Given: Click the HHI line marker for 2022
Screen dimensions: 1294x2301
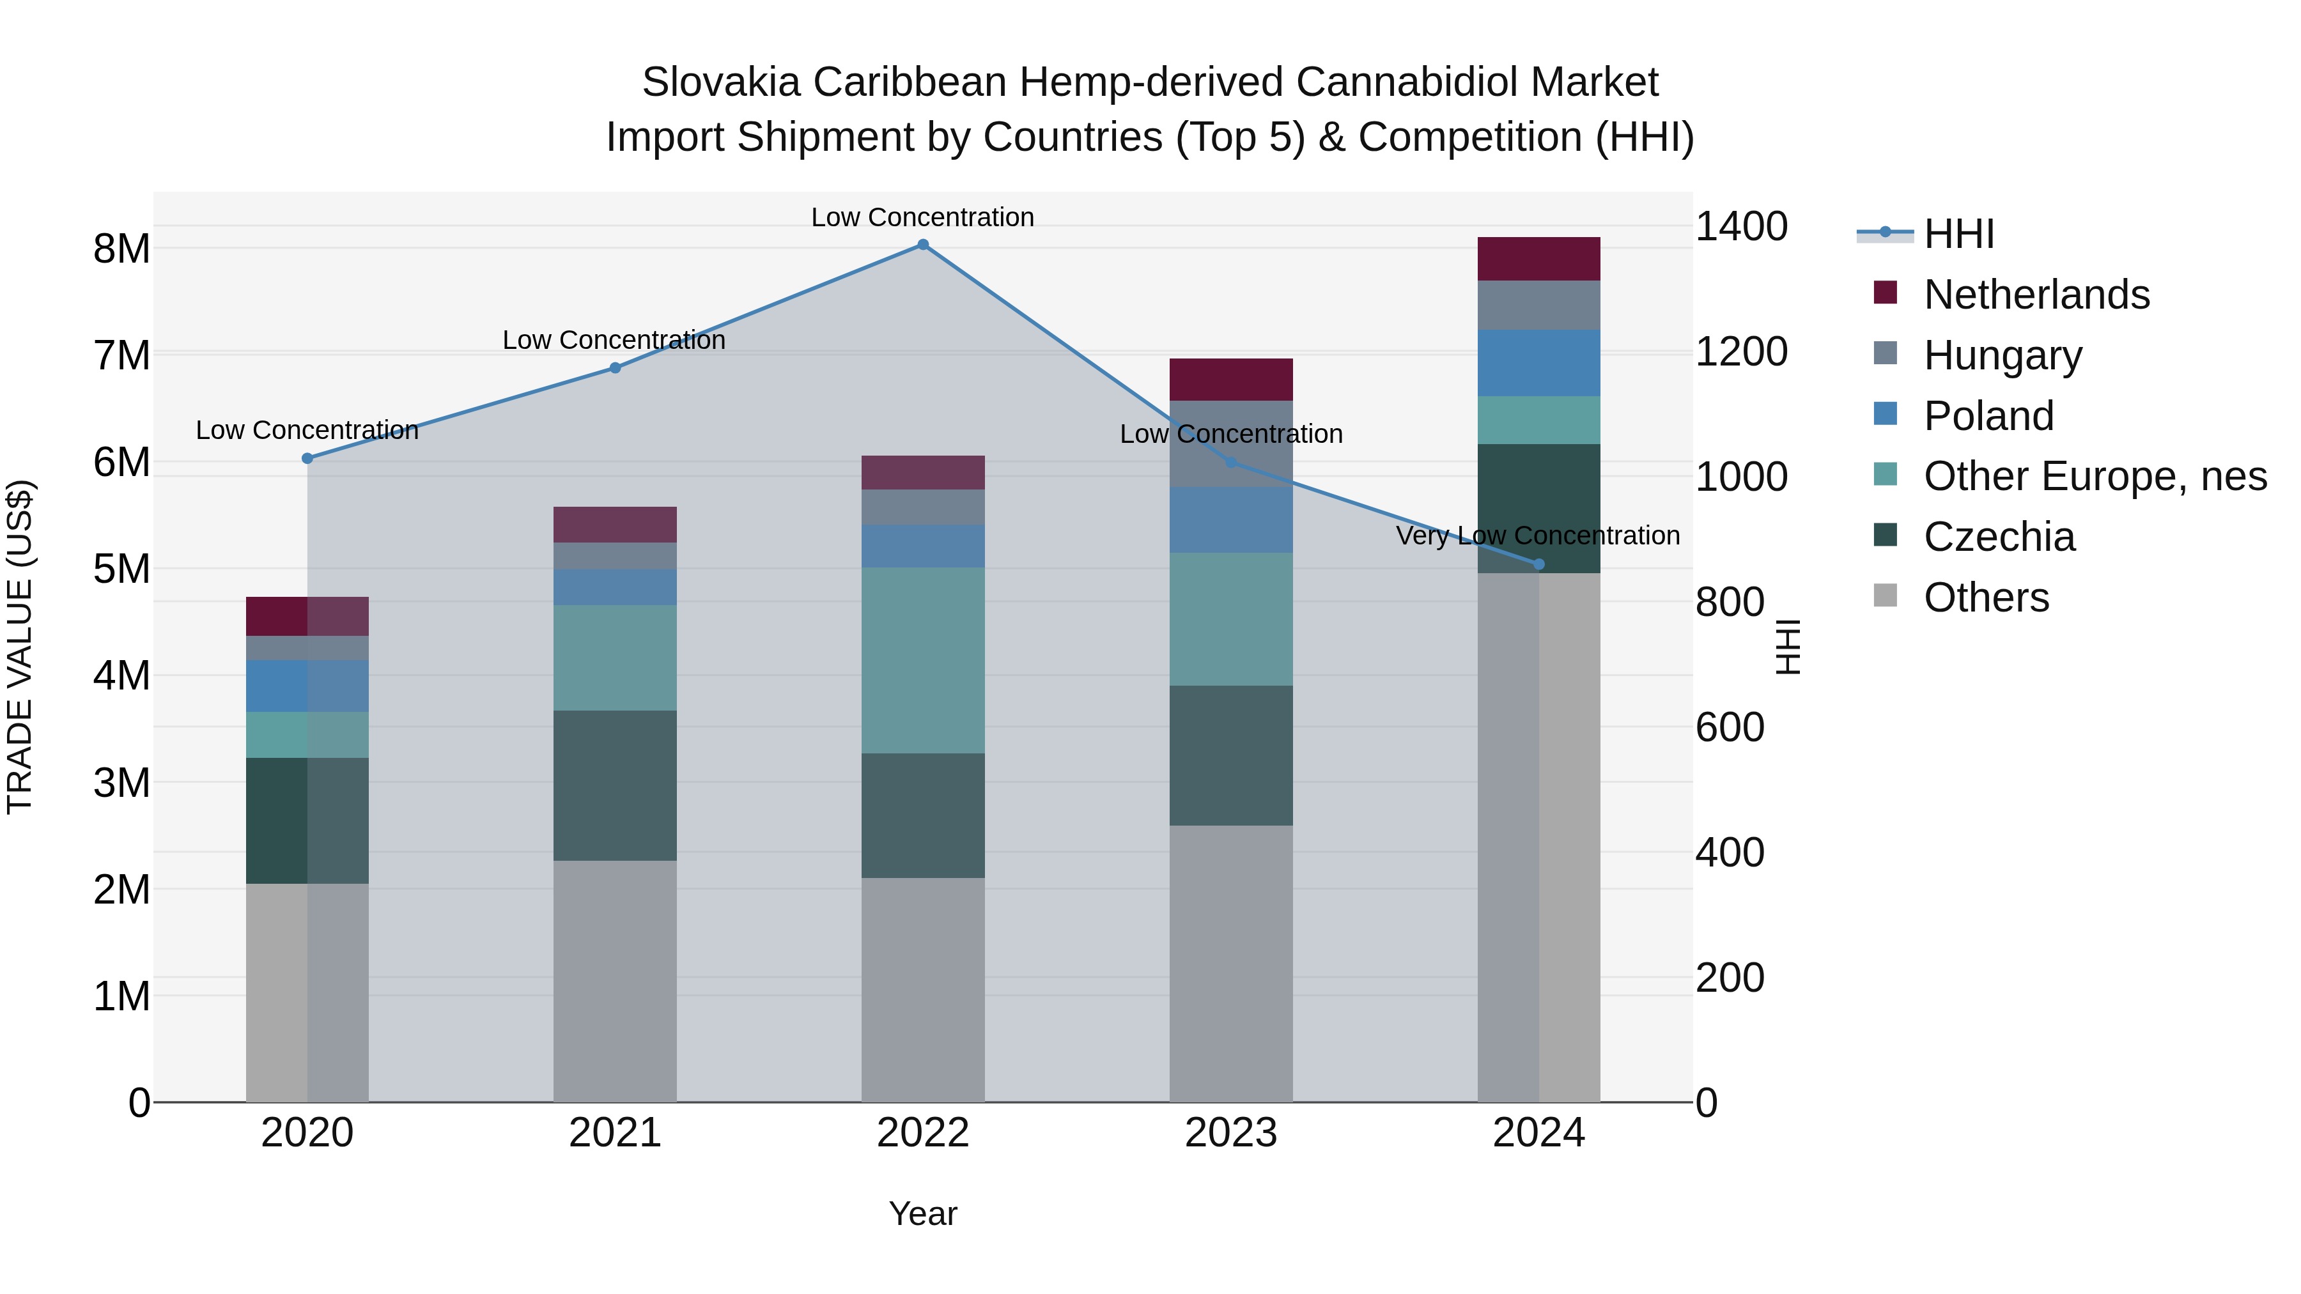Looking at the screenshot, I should (x=923, y=245).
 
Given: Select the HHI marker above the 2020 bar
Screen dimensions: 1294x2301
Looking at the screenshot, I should (x=307, y=458).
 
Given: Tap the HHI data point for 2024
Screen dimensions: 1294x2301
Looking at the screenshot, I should (x=1538, y=564).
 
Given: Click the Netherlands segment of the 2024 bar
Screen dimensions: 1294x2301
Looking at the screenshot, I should (x=1538, y=259).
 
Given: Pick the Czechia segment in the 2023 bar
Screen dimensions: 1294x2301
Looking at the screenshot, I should (x=1231, y=755).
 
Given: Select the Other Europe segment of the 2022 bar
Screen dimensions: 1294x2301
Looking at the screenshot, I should (x=923, y=660).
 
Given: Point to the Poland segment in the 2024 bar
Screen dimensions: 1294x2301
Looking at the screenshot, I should (x=1538, y=362).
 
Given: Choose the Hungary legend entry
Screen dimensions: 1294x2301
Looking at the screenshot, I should (x=2002, y=355).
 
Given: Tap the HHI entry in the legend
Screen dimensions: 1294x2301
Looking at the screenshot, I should (x=1958, y=234).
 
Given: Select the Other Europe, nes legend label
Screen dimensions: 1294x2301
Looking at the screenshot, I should (x=2095, y=477).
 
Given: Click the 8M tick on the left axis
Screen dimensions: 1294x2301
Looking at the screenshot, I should (x=121, y=249).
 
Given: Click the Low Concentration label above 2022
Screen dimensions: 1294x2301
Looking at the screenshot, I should (x=923, y=218).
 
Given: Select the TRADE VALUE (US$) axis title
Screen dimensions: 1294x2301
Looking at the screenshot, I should (x=20, y=647).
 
